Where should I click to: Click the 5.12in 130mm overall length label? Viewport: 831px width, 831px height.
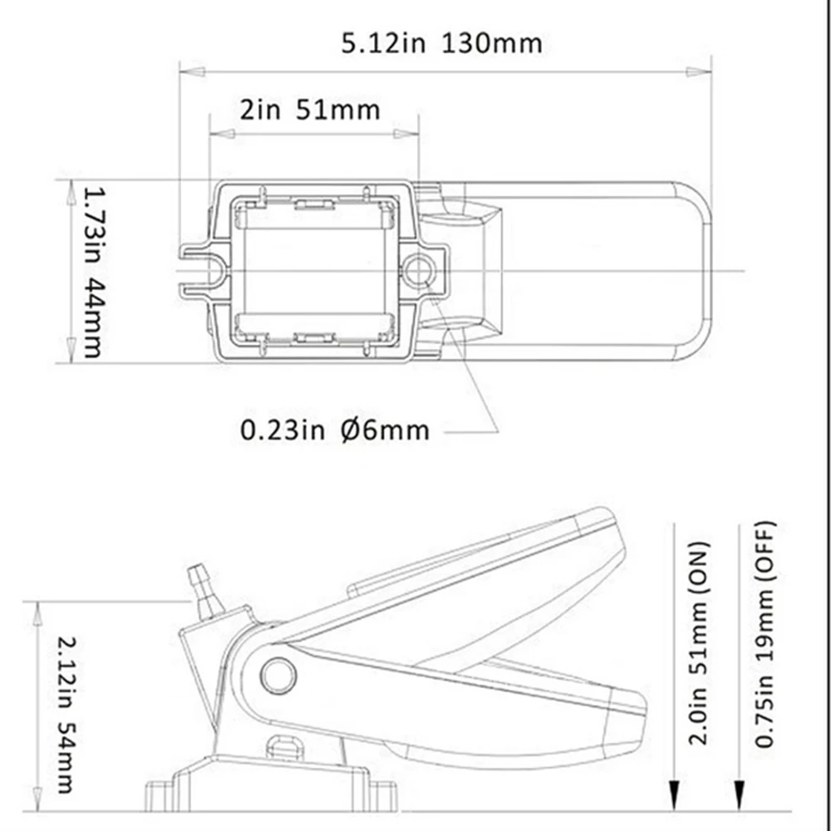(x=441, y=42)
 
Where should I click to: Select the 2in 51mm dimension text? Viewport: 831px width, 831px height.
(x=309, y=110)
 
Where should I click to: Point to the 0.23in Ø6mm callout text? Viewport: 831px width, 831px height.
(x=335, y=430)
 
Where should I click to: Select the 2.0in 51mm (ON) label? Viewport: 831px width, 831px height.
(x=700, y=644)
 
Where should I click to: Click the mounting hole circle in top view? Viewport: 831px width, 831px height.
(x=418, y=269)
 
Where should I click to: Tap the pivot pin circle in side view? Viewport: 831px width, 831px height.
(x=278, y=675)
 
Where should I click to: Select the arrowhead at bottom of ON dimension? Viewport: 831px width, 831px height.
(x=675, y=798)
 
